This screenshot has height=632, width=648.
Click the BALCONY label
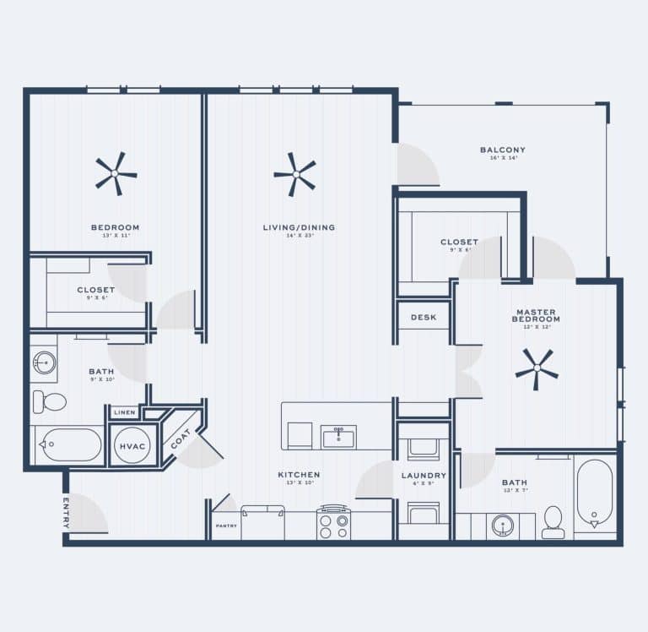(x=503, y=150)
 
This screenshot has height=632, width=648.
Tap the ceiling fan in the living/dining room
(x=295, y=174)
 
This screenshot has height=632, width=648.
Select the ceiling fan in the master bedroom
(x=537, y=369)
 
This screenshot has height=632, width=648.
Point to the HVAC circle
(x=132, y=444)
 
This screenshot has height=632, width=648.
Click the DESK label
(x=424, y=318)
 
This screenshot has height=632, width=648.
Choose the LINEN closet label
(x=125, y=412)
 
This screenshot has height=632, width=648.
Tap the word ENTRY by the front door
(x=66, y=512)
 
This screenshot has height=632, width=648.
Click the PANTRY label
(x=226, y=526)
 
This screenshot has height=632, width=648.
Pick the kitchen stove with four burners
(x=333, y=524)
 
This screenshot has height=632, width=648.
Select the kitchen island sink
(x=339, y=437)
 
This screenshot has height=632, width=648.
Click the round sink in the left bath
(x=44, y=363)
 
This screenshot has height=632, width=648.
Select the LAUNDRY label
(x=424, y=476)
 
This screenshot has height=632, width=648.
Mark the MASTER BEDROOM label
(x=537, y=315)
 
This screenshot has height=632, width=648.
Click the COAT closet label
(x=181, y=439)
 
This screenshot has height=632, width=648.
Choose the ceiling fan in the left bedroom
(x=116, y=174)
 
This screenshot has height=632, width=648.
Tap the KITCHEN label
(x=299, y=475)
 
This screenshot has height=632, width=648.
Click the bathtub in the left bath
(x=71, y=444)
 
